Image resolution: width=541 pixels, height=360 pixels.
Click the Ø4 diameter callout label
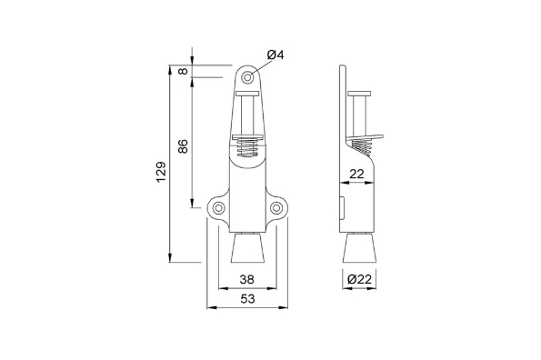pyautogui.click(x=275, y=55)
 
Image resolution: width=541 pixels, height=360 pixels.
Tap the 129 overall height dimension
pyautogui.click(x=161, y=172)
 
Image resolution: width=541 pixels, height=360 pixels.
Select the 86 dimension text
pyautogui.click(x=183, y=146)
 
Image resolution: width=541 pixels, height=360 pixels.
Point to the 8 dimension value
pyautogui.click(x=184, y=71)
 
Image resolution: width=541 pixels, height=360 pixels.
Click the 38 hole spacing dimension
pyautogui.click(x=247, y=279)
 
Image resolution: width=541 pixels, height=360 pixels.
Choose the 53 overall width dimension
pyautogui.click(x=247, y=298)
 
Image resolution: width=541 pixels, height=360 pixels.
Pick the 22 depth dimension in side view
pyautogui.click(x=356, y=175)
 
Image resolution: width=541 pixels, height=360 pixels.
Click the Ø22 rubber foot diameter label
pyautogui.click(x=359, y=278)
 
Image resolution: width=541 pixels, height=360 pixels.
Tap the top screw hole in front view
pyautogui.click(x=247, y=77)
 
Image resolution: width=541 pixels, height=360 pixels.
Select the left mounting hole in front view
pyautogui.click(x=219, y=208)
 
